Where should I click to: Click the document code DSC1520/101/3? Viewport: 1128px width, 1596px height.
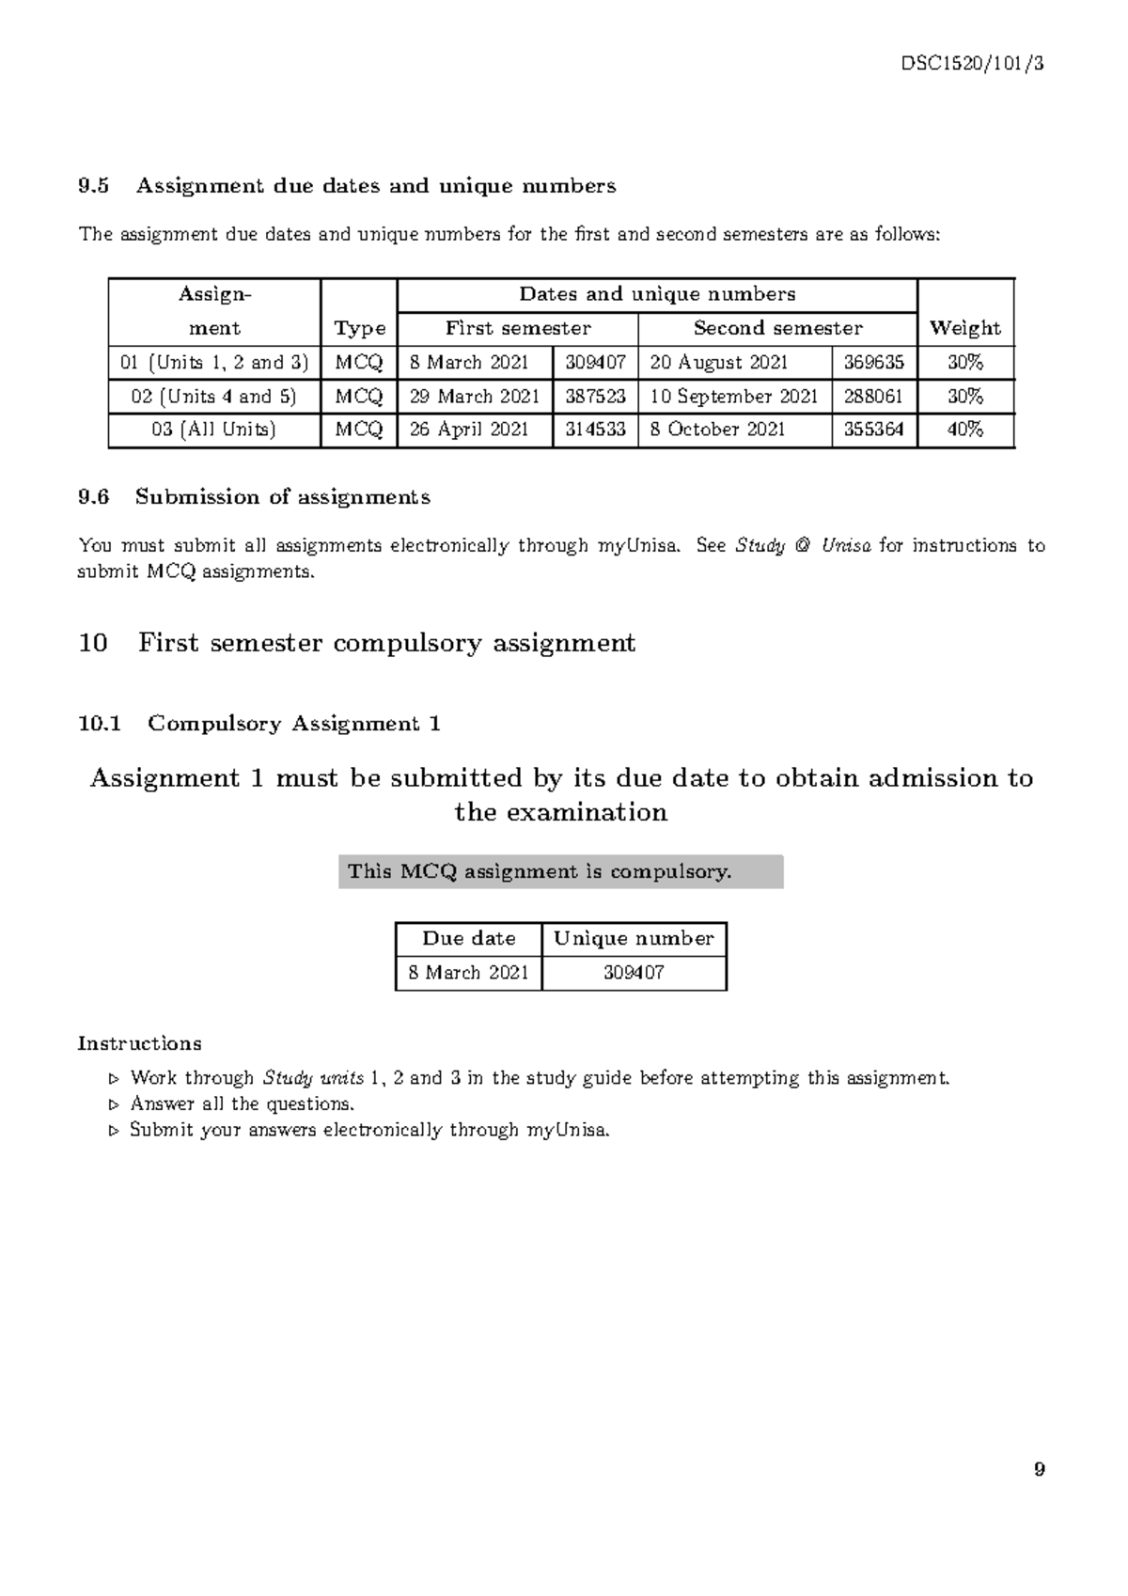point(972,64)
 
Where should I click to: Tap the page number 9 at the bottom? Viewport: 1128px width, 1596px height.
point(1039,1469)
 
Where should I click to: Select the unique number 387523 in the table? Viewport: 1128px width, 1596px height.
point(595,397)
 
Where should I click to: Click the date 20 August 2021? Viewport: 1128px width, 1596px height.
point(719,363)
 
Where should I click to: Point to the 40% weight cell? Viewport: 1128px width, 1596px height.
point(965,430)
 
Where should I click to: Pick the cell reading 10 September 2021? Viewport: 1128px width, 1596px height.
point(734,397)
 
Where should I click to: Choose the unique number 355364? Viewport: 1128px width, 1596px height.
point(873,430)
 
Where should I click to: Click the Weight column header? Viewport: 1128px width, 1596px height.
point(964,328)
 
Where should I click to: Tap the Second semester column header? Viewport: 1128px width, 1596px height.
point(777,328)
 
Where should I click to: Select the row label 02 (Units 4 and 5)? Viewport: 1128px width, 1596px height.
point(214,397)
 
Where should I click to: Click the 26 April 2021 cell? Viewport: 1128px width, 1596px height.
point(469,430)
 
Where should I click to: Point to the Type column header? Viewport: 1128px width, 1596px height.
point(360,328)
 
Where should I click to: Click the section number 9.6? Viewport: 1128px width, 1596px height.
point(94,497)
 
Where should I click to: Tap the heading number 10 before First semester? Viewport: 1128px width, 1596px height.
point(93,644)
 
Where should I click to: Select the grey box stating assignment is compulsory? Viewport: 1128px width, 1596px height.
point(560,871)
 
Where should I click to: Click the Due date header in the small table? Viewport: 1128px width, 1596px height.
point(468,939)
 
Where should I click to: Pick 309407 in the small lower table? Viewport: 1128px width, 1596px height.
point(634,973)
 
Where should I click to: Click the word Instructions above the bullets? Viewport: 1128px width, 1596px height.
point(139,1043)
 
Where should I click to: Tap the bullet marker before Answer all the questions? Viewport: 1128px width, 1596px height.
point(115,1105)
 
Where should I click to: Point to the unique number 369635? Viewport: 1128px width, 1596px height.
point(873,363)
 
